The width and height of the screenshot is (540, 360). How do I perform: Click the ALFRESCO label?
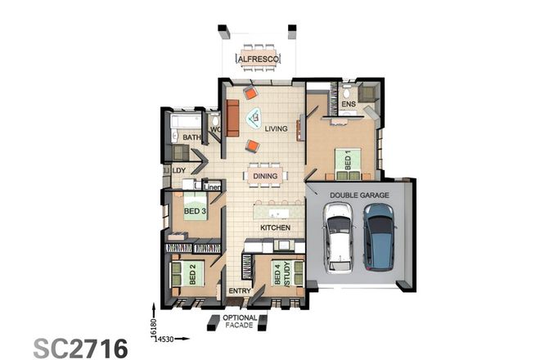pos(259,59)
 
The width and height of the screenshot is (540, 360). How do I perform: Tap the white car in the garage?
pos(338,238)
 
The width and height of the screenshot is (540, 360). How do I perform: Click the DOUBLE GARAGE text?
pos(358,195)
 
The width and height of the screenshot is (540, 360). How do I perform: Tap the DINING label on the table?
pos(264,176)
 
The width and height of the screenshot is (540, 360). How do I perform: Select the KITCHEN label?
pos(275,227)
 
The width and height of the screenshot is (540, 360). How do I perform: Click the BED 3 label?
pos(193,212)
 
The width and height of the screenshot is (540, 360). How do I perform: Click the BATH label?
pos(191,137)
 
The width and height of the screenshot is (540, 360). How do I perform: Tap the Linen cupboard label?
pos(213,187)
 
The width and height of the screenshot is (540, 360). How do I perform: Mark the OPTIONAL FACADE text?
pos(240,322)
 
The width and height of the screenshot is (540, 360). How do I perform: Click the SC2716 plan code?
pos(80,347)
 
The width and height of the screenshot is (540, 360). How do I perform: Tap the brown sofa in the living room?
pos(232,119)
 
